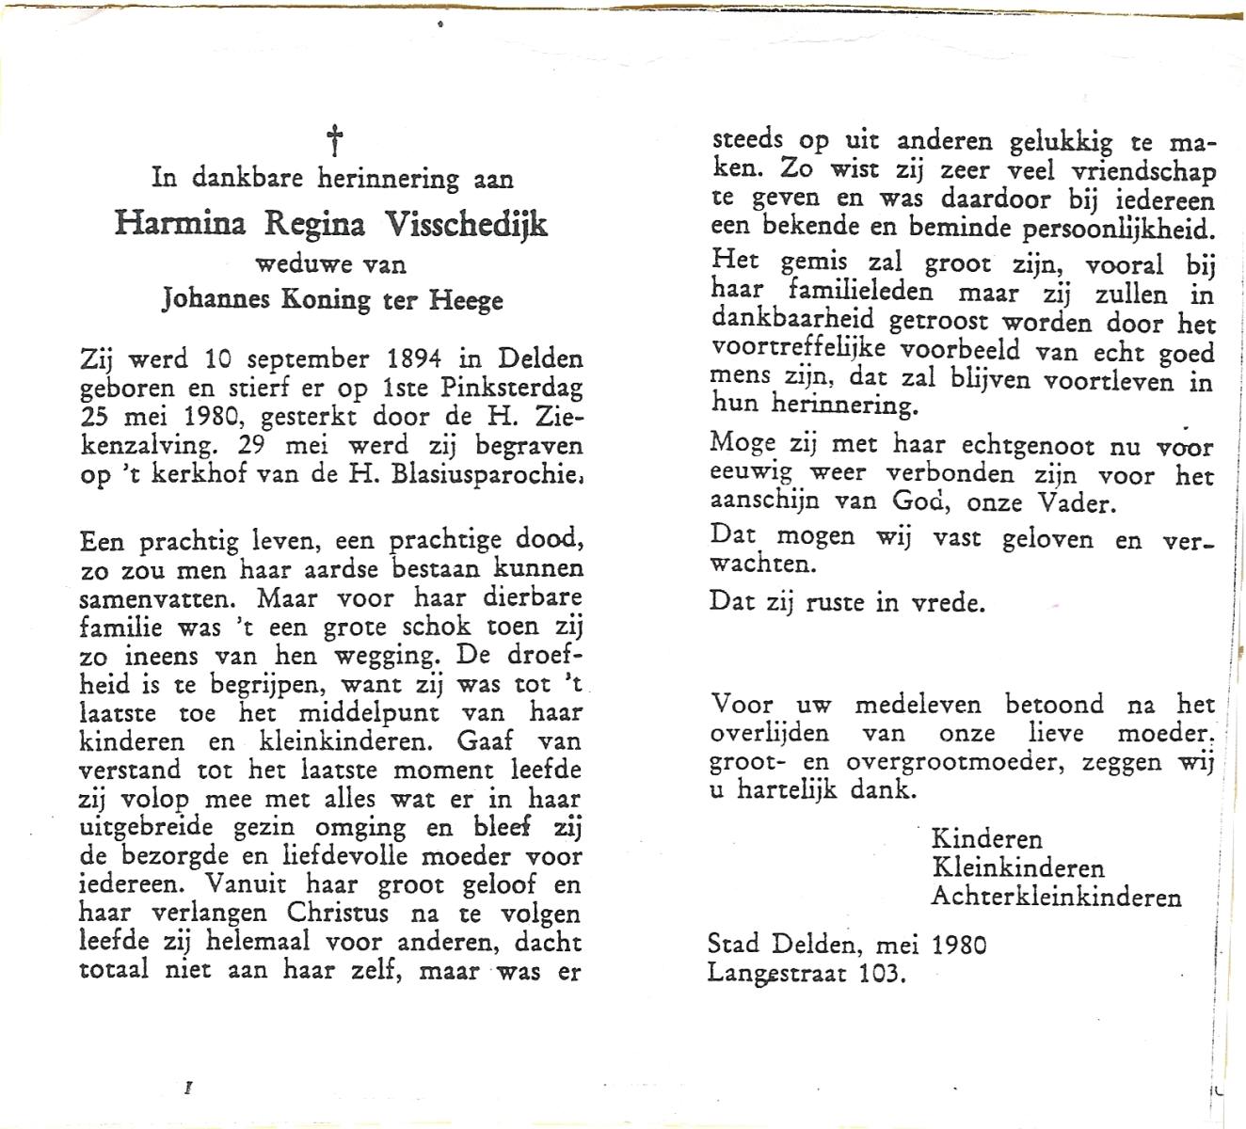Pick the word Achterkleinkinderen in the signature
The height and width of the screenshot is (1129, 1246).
tap(1056, 897)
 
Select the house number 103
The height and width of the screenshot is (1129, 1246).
tap(882, 974)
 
